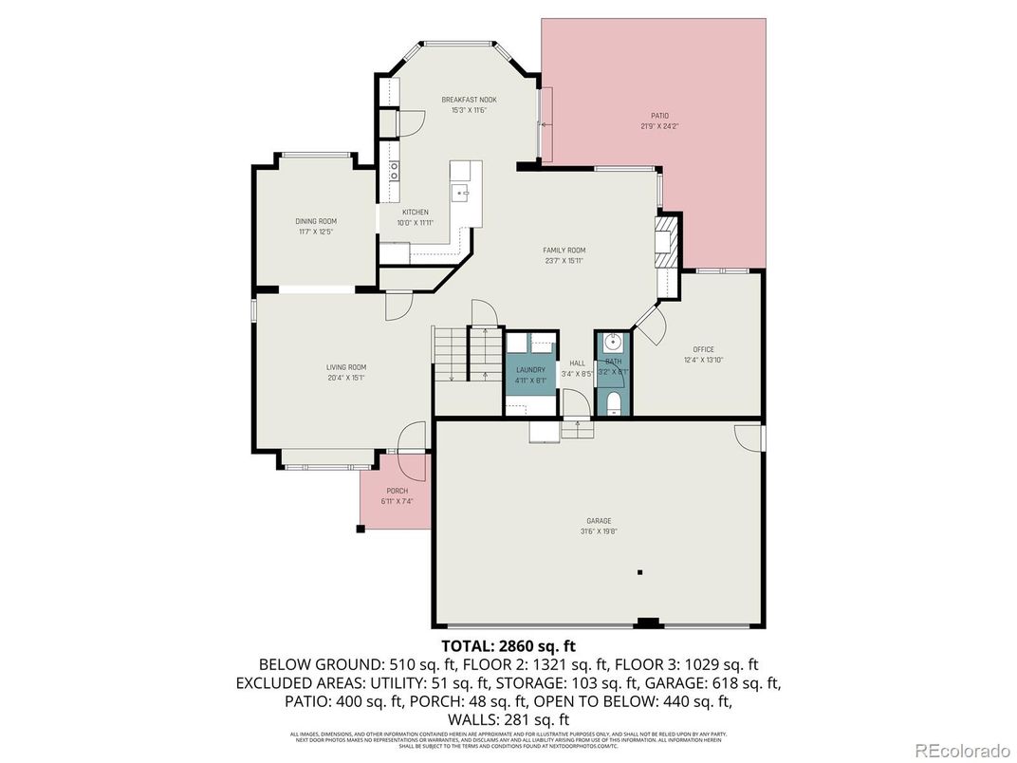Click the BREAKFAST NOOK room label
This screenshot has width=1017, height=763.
(469, 100)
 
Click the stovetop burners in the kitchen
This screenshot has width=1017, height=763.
(394, 171)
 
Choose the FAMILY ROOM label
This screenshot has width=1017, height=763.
(564, 251)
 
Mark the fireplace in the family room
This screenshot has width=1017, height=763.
(667, 241)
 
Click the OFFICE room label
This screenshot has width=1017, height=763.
(703, 349)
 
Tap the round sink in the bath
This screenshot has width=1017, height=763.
(613, 342)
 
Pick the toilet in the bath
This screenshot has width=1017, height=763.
(613, 405)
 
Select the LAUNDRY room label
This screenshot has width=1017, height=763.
(530, 369)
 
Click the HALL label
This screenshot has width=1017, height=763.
(577, 363)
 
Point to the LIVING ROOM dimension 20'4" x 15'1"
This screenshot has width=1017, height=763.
(346, 378)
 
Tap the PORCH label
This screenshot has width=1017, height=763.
(397, 491)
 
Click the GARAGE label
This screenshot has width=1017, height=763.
(599, 520)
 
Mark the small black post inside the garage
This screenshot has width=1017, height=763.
(640, 572)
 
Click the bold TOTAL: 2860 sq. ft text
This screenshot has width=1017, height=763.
(508, 646)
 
